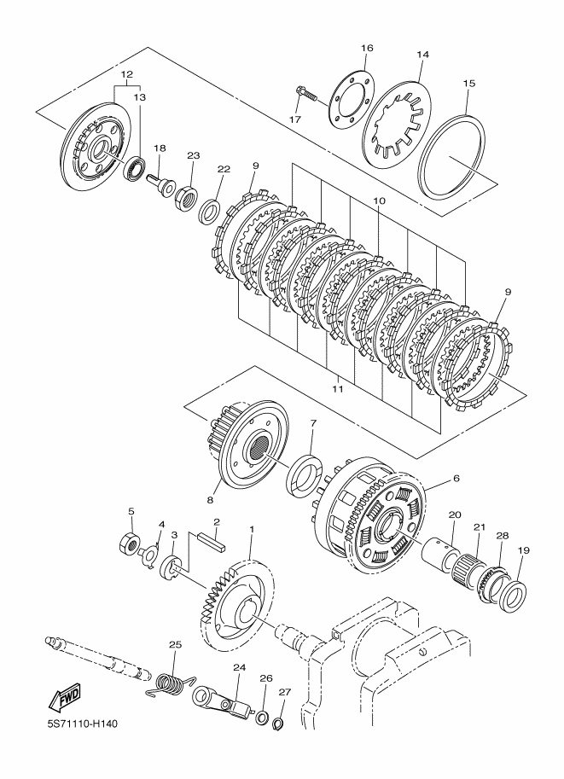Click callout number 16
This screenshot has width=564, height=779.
[366, 48]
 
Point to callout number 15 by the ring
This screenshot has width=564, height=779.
[468, 84]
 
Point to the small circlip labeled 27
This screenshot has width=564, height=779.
[278, 725]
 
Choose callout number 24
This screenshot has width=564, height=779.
[238, 669]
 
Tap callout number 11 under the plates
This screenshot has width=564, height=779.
[337, 388]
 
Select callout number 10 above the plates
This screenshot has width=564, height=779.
[380, 201]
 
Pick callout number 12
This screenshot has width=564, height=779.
[127, 75]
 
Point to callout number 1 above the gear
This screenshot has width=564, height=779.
[251, 530]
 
